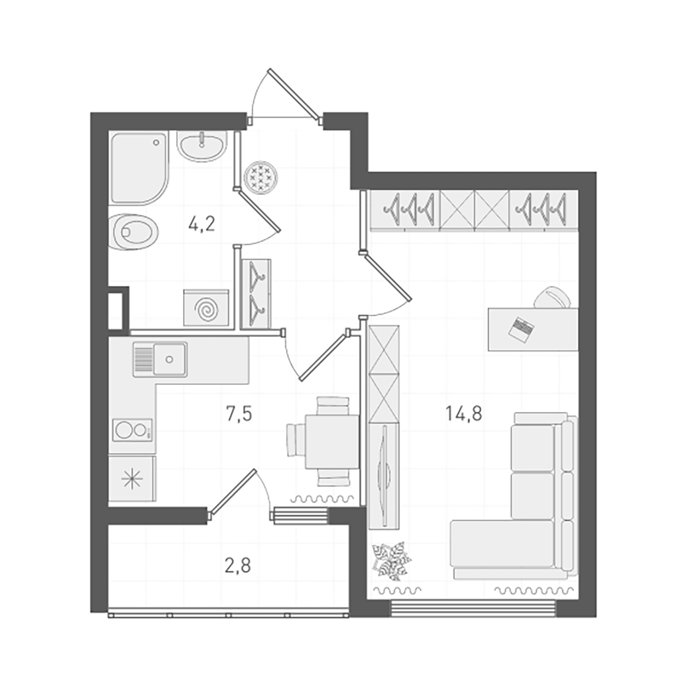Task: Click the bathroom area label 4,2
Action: click(x=202, y=224)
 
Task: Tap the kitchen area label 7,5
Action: click(x=239, y=414)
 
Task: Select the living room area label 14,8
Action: click(x=463, y=413)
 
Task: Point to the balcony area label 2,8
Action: click(x=237, y=566)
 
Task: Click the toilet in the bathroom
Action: click(x=134, y=232)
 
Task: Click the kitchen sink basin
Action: click(x=169, y=359)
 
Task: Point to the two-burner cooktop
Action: click(x=132, y=430)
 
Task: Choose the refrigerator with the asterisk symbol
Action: click(x=132, y=479)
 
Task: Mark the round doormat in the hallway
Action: click(x=261, y=176)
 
